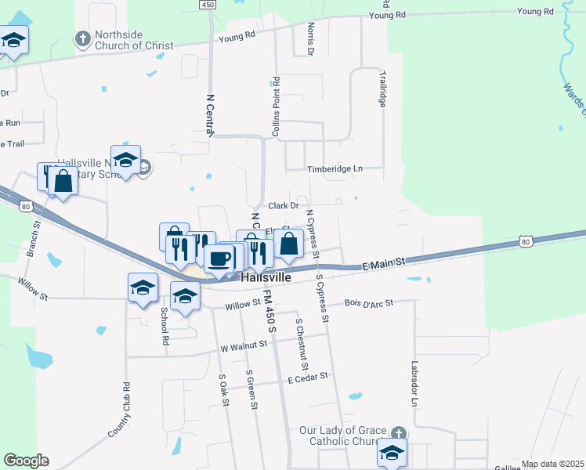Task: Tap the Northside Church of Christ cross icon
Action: [83, 38]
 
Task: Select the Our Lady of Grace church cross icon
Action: [399, 433]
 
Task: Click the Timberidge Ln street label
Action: [335, 168]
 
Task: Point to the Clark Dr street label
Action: [284, 206]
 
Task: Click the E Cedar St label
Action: [307, 378]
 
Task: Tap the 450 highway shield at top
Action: [207, 5]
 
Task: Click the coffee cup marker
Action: [219, 258]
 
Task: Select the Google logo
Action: [26, 461]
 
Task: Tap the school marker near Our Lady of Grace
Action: [392, 452]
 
